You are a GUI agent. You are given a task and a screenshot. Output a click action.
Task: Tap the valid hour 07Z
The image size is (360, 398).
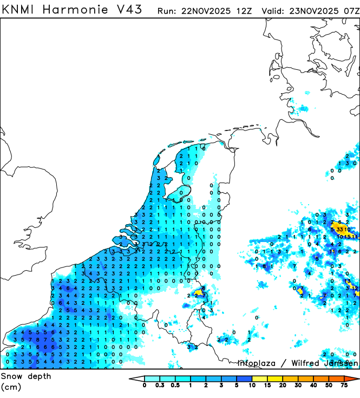(x=351, y=11)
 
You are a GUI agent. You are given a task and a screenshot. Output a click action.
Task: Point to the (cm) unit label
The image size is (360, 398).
(x=11, y=387)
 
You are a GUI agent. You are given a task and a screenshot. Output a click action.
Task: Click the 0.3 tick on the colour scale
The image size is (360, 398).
(x=160, y=386)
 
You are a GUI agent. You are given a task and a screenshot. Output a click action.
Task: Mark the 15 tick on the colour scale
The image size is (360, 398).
(x=268, y=386)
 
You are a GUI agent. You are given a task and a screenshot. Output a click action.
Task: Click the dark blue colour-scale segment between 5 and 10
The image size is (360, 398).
(x=245, y=379)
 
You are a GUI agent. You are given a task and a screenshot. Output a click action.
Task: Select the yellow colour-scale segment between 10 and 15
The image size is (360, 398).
(x=260, y=379)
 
